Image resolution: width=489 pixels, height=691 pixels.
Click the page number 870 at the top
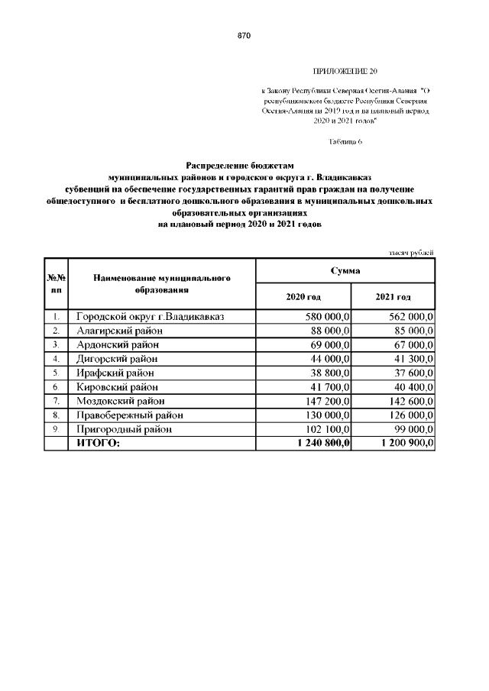coord(244,36)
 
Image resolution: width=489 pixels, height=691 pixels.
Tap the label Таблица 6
coord(345,142)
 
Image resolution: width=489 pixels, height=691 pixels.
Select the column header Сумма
coord(345,271)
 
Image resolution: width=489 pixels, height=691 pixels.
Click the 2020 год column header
coord(303,296)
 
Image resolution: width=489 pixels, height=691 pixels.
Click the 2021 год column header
coord(393,296)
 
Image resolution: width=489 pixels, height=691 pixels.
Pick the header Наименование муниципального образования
coord(162,284)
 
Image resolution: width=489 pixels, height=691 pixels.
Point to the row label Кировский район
coord(117,387)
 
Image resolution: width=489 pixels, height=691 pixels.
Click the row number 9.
coord(57,429)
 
